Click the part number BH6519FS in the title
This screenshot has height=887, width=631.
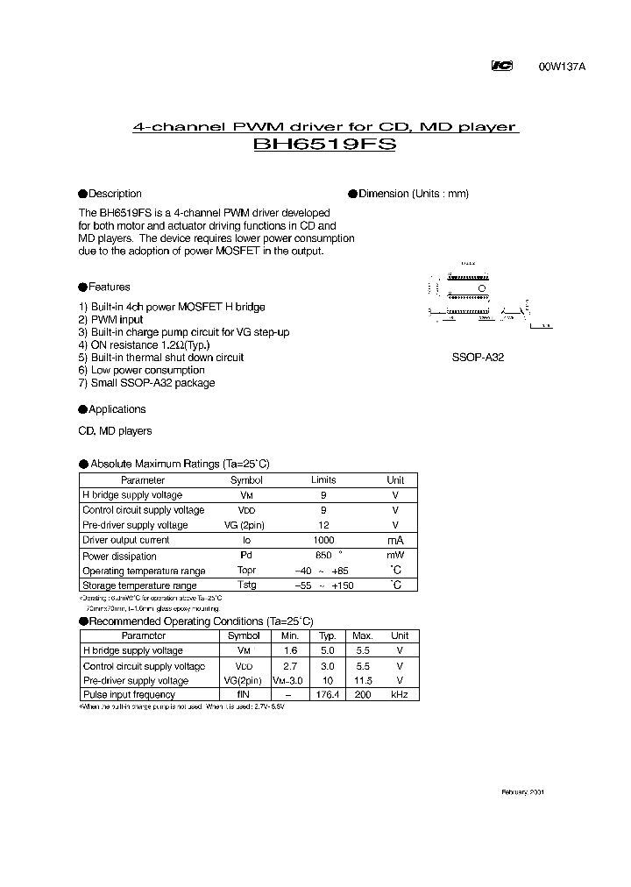(324, 145)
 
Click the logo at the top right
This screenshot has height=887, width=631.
(502, 66)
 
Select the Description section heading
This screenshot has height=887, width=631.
(114, 194)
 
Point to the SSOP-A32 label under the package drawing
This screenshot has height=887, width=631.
(478, 358)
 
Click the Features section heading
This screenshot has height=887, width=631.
(109, 287)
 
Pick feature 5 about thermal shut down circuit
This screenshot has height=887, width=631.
(161, 358)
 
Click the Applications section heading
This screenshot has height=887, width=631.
(117, 409)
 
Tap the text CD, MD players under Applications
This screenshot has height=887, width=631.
(115, 431)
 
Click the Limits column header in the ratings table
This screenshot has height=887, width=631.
(323, 480)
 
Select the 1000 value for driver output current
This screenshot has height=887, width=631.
(323, 541)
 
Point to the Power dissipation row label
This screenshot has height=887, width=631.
(119, 557)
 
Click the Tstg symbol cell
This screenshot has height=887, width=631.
(246, 585)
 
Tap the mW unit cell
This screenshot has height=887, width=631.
(395, 556)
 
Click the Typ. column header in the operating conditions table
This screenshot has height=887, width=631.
(327, 635)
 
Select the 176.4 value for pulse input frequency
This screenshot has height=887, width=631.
(327, 694)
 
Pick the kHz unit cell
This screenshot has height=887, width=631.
(399, 694)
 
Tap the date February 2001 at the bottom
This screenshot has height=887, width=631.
(522, 791)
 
